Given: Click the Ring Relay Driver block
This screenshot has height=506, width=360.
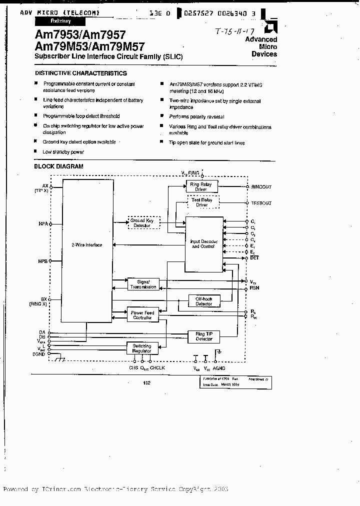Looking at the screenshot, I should [x=200, y=187].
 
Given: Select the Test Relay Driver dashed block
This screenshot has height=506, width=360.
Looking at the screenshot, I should [x=201, y=202].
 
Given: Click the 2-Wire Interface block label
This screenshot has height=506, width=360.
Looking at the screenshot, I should [x=86, y=245].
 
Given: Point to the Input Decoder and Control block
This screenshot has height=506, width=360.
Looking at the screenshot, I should [x=203, y=244].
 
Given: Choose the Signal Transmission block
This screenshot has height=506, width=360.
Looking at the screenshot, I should [x=143, y=284].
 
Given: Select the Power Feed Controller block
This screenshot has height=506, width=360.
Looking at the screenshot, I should [x=142, y=315].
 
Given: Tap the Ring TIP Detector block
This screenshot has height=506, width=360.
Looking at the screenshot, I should [x=203, y=336].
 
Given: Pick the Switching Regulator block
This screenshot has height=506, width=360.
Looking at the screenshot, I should [x=142, y=348].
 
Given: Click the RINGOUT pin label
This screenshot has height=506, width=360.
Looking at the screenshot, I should [x=260, y=187].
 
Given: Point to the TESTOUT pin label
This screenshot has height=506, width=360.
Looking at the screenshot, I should [x=260, y=203].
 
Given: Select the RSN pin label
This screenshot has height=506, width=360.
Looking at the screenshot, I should [x=254, y=289].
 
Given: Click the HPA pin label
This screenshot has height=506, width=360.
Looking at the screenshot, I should [x=42, y=224].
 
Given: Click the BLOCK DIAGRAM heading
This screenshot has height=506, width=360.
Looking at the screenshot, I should [x=58, y=166].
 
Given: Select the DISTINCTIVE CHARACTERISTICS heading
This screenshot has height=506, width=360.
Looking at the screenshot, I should [x=80, y=73].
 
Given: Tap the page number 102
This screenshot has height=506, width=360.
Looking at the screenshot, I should [x=146, y=382].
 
